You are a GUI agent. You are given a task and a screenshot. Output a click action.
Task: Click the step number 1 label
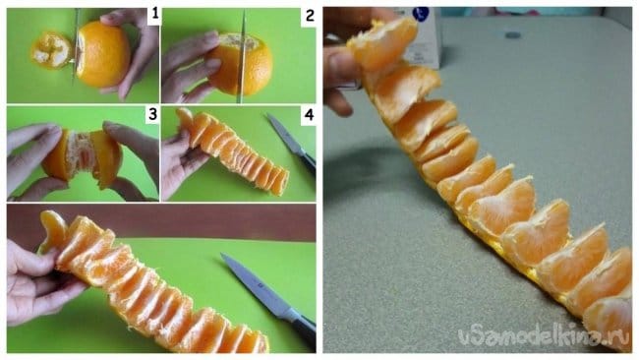click(x=154, y=15)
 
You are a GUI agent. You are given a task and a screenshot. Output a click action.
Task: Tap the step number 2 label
click(x=310, y=16)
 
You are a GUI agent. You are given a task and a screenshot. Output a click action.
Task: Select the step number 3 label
click(x=152, y=114)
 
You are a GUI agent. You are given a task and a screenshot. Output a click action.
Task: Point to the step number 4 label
click(x=309, y=114)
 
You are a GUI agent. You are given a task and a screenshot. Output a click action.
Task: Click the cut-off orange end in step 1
click(x=51, y=50)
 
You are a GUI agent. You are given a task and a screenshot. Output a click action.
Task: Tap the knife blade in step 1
click(x=76, y=47)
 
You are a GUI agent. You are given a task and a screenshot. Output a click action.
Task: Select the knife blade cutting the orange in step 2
click(x=242, y=57)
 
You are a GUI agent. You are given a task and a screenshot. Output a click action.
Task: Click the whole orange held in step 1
click(x=102, y=54)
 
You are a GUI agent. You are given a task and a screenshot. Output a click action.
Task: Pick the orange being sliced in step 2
click(x=241, y=64)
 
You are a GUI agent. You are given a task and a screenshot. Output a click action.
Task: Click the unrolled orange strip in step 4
click(x=233, y=151)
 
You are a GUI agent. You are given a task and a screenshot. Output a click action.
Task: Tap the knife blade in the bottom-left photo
click(x=255, y=285)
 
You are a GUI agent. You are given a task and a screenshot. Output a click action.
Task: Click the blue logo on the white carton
click(x=421, y=15)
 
